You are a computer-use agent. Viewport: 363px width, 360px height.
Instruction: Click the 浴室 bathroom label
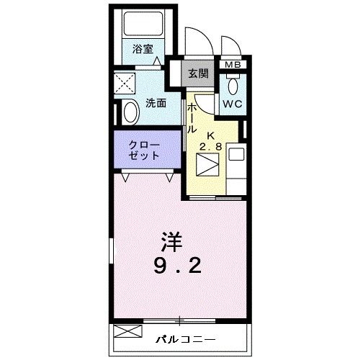click(143, 49)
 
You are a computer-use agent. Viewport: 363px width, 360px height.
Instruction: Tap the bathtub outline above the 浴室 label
click(143, 24)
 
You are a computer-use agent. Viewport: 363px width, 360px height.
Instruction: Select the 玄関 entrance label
click(198, 73)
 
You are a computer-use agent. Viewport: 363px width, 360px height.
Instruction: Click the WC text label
click(232, 104)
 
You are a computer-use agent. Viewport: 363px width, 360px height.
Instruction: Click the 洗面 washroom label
click(158, 103)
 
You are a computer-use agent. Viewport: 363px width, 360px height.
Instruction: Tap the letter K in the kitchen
click(212, 135)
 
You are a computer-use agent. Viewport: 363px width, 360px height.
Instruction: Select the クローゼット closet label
click(143, 149)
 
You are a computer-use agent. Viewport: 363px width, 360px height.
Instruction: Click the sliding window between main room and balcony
click(180, 319)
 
